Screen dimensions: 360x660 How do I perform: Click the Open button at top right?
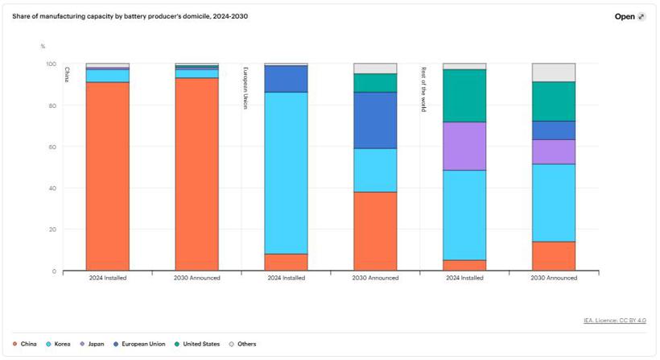[629, 16]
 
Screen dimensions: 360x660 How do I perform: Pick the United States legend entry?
[197, 344]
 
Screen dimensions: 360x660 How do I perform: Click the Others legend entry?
[242, 344]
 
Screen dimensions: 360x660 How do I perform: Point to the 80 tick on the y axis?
[51, 106]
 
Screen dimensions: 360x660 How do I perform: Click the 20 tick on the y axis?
[51, 230]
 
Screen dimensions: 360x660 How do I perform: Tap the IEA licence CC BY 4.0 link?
[614, 321]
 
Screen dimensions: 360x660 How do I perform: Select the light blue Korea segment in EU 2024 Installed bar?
[286, 172]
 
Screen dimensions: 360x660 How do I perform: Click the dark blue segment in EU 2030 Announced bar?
[375, 120]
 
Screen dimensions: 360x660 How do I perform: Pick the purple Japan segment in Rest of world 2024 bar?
[464, 146]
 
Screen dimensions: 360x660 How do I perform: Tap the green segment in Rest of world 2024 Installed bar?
[464, 95]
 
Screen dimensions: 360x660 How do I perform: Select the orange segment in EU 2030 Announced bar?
[375, 231]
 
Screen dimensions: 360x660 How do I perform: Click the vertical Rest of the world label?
[423, 89]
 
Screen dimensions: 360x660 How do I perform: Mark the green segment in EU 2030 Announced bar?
[375, 83]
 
